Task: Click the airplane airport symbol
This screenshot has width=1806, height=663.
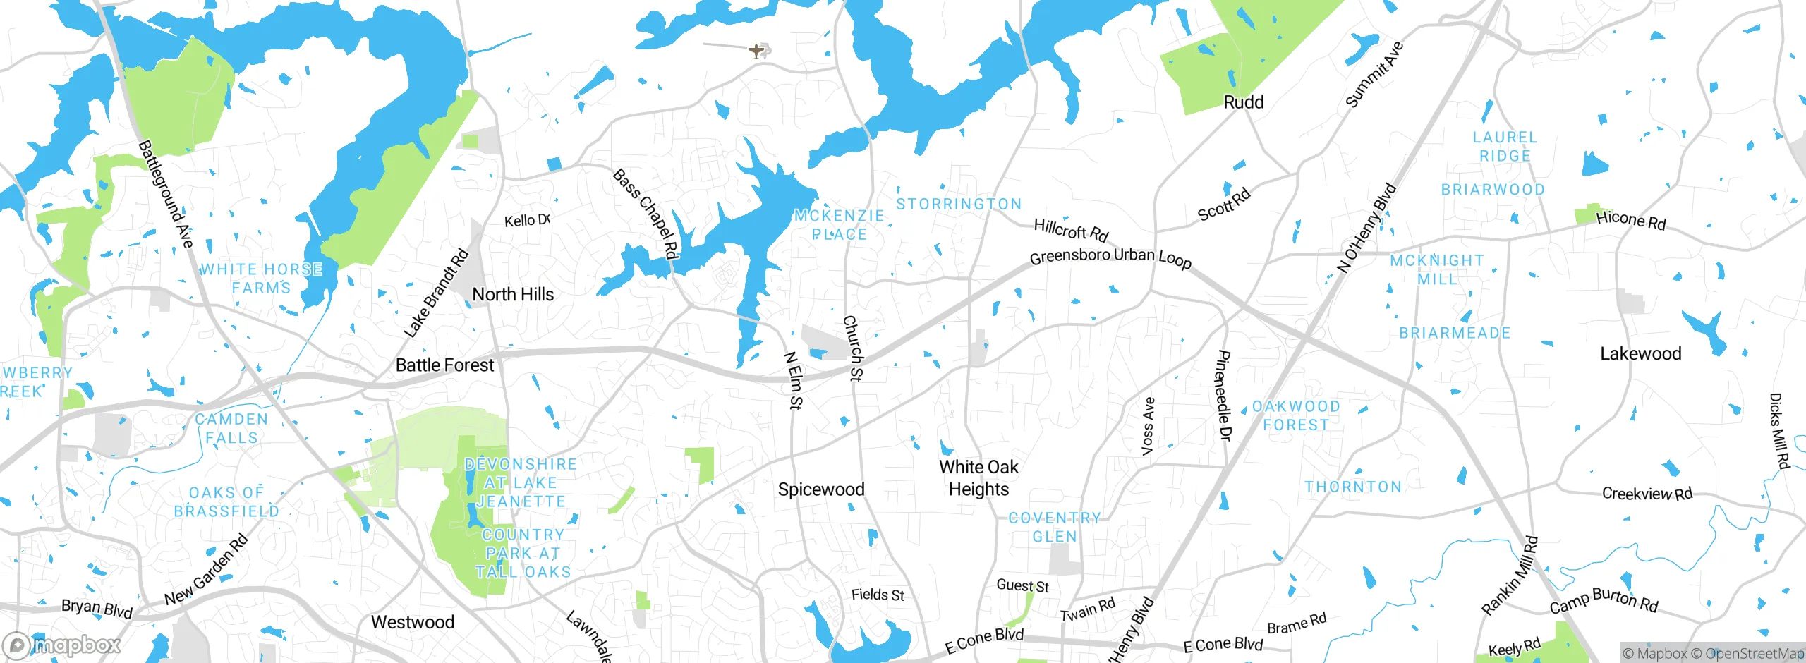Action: (756, 51)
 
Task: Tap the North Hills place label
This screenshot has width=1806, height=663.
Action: (513, 294)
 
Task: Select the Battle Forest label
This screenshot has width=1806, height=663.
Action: (444, 365)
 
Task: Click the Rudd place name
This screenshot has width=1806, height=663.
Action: (1243, 102)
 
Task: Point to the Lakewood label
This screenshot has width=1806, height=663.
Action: (1640, 353)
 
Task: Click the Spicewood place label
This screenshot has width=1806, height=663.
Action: (820, 489)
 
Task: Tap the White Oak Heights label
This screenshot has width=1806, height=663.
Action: (978, 478)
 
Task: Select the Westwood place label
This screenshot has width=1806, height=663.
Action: (413, 622)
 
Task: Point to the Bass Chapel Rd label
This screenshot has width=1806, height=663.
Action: (646, 213)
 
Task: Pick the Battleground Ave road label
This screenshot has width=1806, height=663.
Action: (165, 194)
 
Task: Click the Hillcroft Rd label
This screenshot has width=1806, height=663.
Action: (1071, 229)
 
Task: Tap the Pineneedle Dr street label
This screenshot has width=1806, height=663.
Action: (1224, 396)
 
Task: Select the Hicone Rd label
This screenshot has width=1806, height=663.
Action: (1630, 220)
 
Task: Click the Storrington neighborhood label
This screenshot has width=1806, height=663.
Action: (959, 204)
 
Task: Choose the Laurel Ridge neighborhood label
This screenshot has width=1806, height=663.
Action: (1505, 146)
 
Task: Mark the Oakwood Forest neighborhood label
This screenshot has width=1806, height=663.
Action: (1296, 415)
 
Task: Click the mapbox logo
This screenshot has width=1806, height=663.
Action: (62, 645)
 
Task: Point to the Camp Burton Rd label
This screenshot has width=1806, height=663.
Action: (1604, 600)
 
